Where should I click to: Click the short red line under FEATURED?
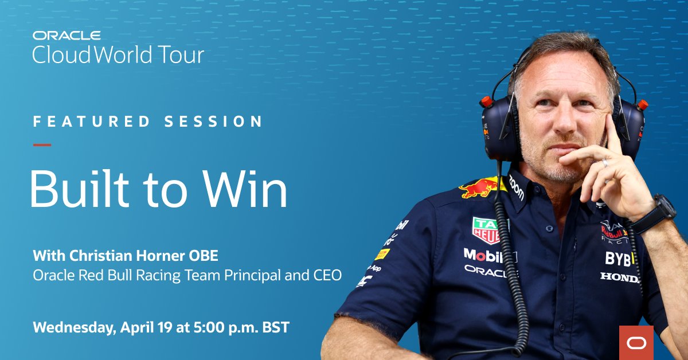[42, 144]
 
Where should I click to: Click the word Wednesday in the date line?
[75, 328]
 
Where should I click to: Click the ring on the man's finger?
[605, 163]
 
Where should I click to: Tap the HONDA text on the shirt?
[619, 277]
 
